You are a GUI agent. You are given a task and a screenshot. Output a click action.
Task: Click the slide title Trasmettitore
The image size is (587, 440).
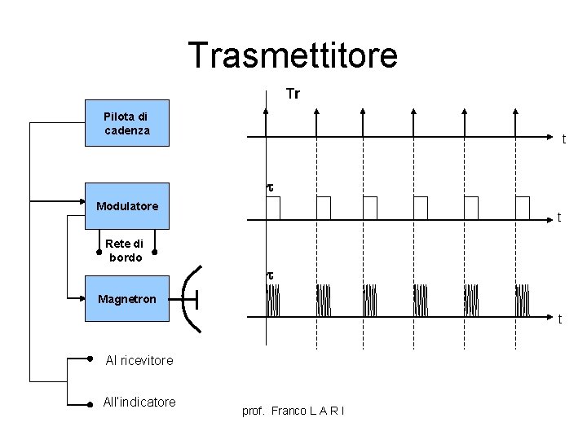click(x=293, y=55)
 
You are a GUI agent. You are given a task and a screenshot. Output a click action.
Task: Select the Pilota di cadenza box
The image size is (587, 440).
click(x=127, y=123)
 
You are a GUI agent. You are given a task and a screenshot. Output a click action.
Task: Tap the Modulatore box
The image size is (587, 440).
click(x=127, y=205)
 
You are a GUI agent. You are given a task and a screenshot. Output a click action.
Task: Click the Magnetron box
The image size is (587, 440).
click(x=127, y=299)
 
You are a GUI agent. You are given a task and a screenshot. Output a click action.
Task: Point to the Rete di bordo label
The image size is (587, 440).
click(x=124, y=250)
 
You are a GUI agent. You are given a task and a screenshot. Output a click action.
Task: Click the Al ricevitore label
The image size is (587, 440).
click(x=139, y=359)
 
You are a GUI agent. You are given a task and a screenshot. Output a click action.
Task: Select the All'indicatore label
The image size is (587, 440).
click(x=139, y=402)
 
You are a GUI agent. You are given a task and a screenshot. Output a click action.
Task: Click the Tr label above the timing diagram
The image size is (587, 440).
click(x=293, y=95)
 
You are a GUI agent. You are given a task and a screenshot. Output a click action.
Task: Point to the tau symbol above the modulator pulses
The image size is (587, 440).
click(x=271, y=187)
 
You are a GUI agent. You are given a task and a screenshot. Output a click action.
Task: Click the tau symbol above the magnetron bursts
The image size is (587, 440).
click(x=271, y=275)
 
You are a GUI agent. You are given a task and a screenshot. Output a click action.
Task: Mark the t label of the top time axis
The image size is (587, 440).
click(x=563, y=139)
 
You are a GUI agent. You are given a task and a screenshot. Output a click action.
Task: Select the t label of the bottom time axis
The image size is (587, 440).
click(x=559, y=320)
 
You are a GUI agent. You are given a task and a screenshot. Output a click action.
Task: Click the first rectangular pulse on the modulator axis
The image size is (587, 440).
click(x=273, y=208)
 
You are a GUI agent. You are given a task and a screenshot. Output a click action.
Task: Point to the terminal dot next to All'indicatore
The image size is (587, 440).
click(x=90, y=403)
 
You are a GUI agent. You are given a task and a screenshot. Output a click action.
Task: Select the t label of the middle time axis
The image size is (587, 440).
click(x=558, y=218)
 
